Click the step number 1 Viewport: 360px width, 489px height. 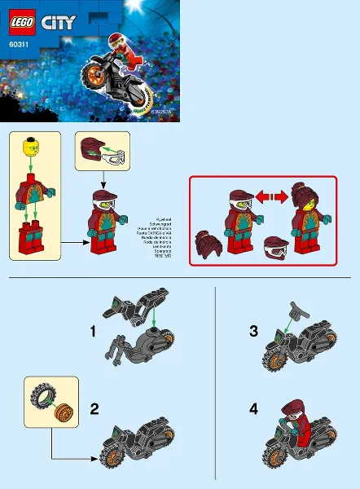94,332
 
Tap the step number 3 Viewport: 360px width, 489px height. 254,332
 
